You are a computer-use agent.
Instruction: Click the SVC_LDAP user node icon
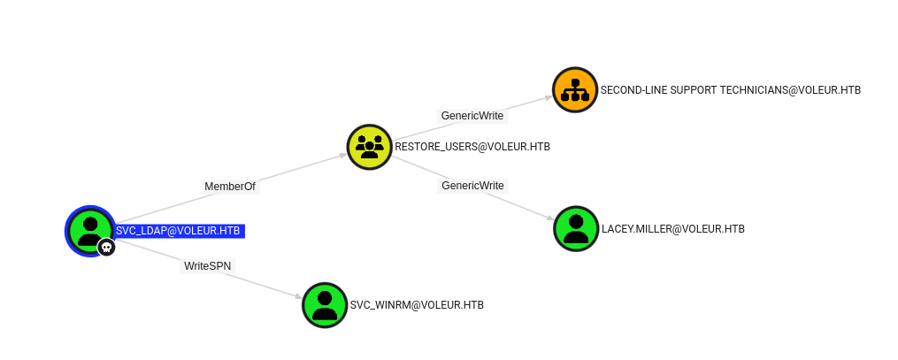(89, 229)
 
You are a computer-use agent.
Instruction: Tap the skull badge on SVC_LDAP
(107, 248)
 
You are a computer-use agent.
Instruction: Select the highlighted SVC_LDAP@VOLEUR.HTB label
(179, 231)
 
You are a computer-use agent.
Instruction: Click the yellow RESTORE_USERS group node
(369, 147)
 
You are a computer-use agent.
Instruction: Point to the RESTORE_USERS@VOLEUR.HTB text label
(472, 147)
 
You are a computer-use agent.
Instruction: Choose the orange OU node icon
(575, 89)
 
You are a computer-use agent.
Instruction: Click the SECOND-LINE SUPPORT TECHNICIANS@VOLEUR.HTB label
(731, 90)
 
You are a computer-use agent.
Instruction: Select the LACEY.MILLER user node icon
(576, 228)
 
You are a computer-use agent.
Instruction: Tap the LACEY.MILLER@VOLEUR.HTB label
(673, 229)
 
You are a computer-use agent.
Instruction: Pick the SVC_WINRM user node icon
(325, 304)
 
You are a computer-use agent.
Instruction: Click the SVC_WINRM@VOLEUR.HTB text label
(417, 305)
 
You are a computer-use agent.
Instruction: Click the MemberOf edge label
(230, 187)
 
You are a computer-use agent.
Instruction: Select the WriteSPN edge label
(208, 265)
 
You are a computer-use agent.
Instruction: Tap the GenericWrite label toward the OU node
(472, 116)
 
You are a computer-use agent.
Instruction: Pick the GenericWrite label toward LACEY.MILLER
(472, 186)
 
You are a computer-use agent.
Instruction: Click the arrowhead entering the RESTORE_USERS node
(342, 155)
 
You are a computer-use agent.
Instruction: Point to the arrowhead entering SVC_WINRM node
(298, 296)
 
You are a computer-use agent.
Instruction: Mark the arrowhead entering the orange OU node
(549, 96)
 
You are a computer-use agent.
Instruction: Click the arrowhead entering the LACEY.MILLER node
(550, 219)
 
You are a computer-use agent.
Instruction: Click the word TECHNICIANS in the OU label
(760, 90)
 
